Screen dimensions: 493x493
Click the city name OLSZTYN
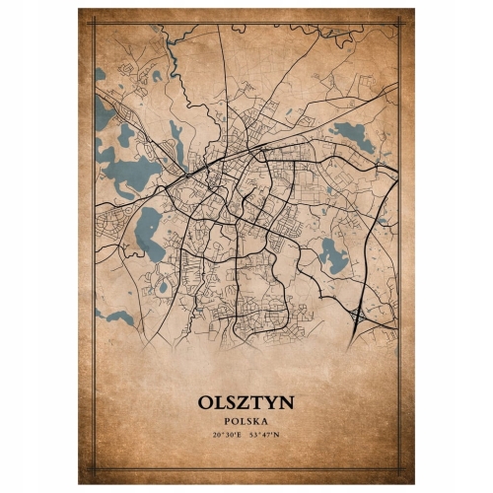246,403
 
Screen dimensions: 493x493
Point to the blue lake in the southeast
333,255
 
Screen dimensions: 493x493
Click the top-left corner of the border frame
94,23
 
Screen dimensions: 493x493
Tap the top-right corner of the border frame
399,23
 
